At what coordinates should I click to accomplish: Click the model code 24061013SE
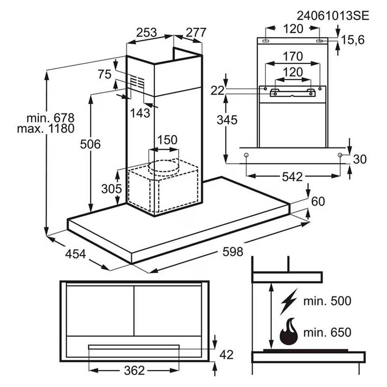pos(333,16)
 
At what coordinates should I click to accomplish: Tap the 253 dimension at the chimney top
pos(147,32)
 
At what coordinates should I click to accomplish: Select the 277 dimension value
pos(196,32)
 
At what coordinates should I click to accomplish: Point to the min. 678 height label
pos(51,118)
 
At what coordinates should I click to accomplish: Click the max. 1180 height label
pos(45,129)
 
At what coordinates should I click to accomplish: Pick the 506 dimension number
pos(90,144)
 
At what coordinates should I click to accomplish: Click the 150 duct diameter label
pos(167,140)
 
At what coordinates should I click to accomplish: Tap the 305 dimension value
pos(112,189)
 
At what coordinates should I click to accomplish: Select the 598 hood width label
pos(233,252)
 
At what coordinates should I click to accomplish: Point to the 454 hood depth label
pos(75,254)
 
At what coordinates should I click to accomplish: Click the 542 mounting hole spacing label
pos(292,177)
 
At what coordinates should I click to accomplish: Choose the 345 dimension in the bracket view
pos(227,120)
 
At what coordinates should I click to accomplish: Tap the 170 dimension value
pos(293,56)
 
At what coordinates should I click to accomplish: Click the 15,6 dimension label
pos(353,40)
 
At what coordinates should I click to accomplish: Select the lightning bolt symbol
pos(288,301)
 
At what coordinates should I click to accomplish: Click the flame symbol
pos(289,331)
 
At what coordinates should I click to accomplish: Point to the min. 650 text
pos(327,332)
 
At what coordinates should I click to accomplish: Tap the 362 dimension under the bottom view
pos(134,370)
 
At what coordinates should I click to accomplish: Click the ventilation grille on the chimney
pos(137,82)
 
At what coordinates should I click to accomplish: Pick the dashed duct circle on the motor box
pos(163,167)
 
